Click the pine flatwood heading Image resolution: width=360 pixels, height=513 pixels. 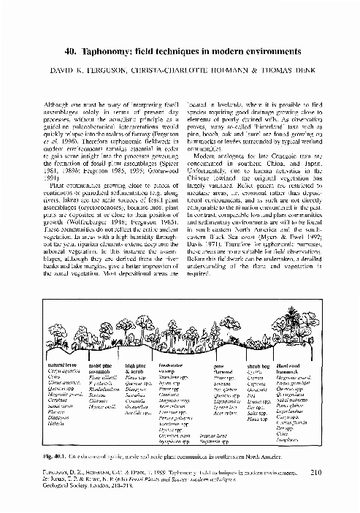pos(219,367)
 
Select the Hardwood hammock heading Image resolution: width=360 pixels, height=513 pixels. pos(294,367)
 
